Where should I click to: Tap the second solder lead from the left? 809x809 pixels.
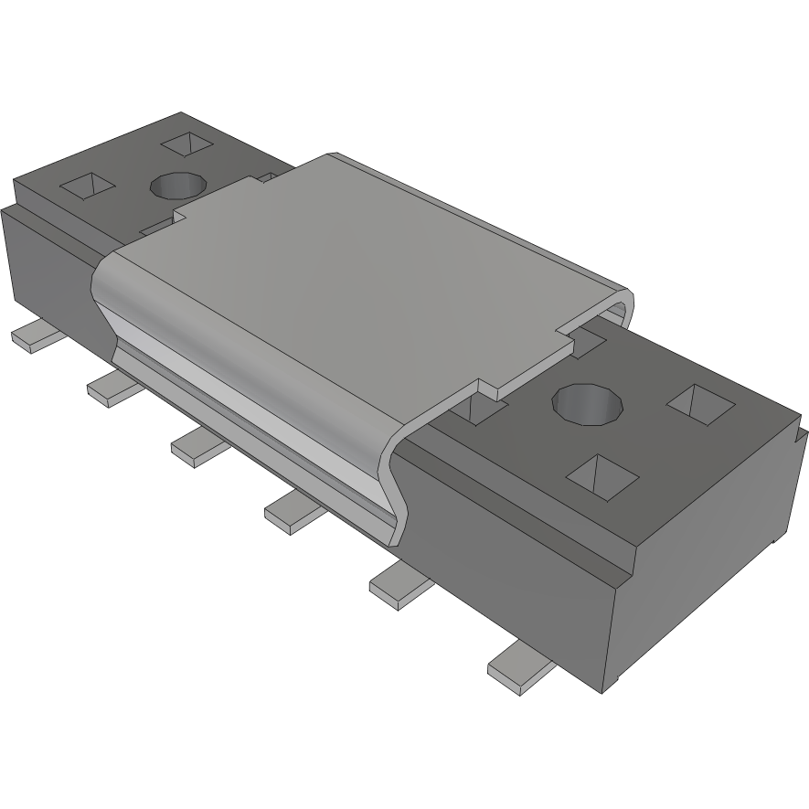pyautogui.click(x=113, y=388)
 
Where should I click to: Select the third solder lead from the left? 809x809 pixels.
pyautogui.click(x=197, y=448)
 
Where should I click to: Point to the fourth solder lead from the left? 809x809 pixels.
pyautogui.click(x=292, y=513)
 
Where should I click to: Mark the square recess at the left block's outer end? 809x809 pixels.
pyautogui.click(x=88, y=186)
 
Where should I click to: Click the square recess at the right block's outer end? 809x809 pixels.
pyautogui.click(x=700, y=404)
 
